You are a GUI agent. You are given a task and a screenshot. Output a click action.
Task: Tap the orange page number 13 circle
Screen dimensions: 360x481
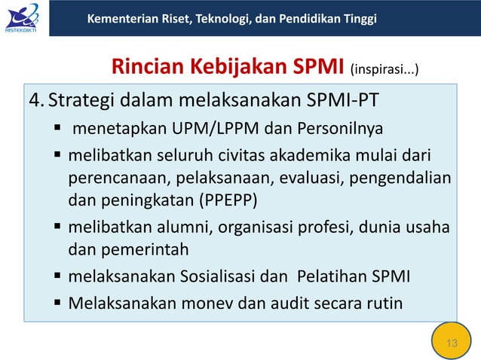point(452,343)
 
